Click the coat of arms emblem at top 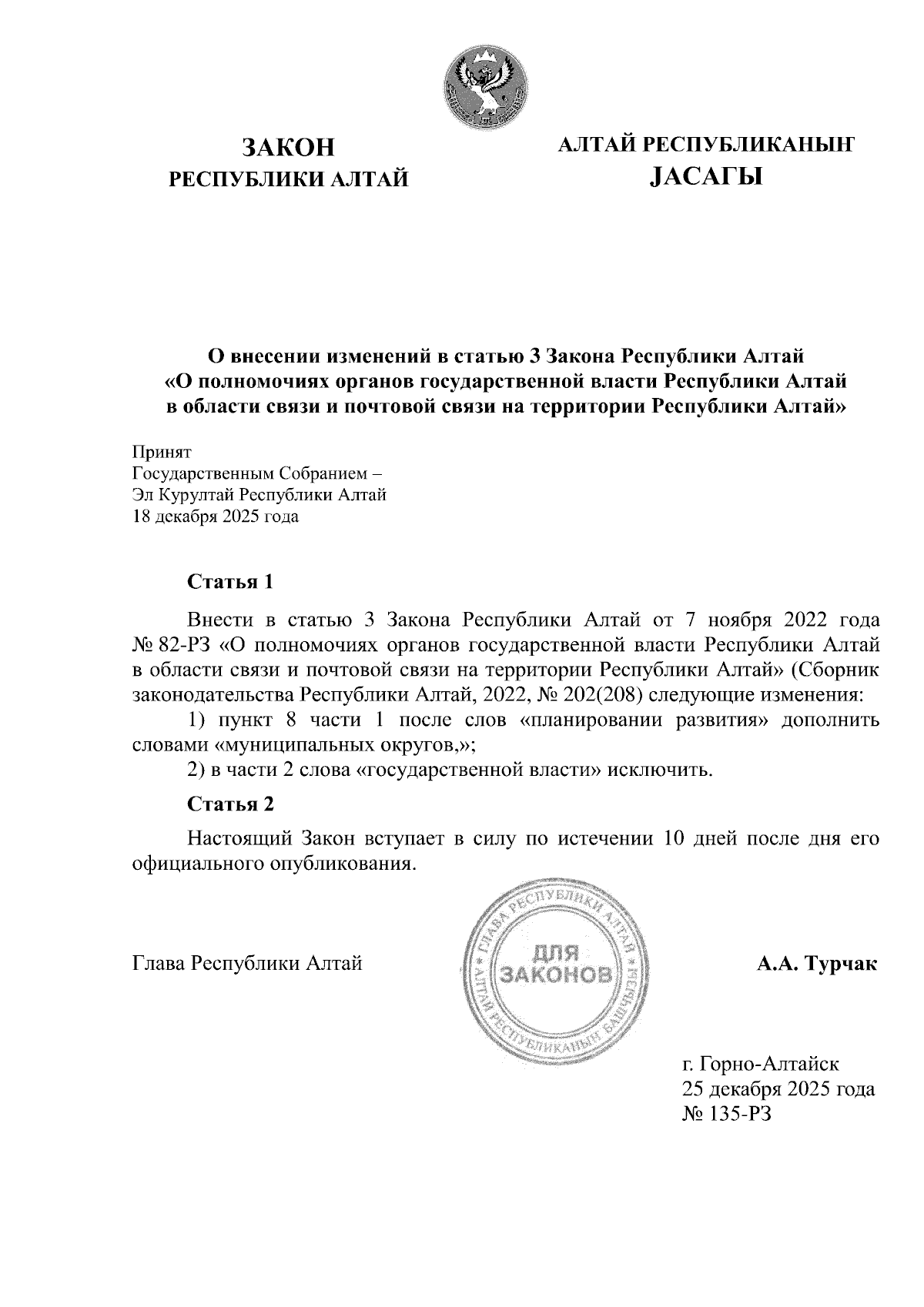click(x=487, y=85)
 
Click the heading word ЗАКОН click(x=289, y=145)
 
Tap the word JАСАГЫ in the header click(x=705, y=178)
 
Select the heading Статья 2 click(x=231, y=804)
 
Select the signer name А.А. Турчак click(x=817, y=963)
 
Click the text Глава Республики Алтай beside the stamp click(x=247, y=963)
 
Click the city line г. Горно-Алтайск click(x=760, y=1065)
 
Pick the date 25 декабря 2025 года click(x=778, y=1089)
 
